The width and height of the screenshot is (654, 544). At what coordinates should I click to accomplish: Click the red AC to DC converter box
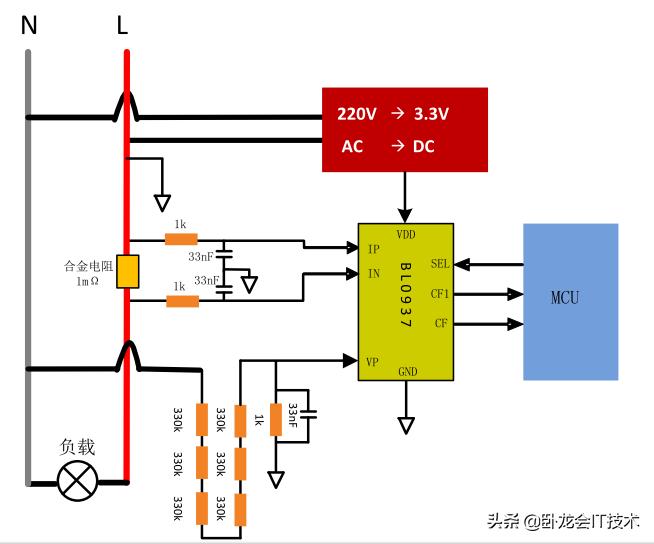tap(404, 129)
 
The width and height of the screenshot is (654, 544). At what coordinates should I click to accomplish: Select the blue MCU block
tap(570, 301)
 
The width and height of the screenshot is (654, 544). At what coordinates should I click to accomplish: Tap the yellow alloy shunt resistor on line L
tap(127, 272)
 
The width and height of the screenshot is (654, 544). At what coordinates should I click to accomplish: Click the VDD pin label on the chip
tap(406, 235)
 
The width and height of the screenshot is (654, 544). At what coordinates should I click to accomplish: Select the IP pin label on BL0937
tap(373, 248)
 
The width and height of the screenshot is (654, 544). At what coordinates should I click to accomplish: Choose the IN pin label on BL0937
tap(373, 273)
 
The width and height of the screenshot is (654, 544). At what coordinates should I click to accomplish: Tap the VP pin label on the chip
tap(373, 361)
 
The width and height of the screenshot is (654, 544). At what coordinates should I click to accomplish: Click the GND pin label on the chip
tap(407, 371)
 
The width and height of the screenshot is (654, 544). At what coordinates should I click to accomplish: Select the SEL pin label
tap(440, 264)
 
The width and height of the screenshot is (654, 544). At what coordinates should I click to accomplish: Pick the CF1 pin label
tap(440, 294)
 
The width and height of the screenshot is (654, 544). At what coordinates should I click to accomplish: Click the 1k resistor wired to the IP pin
tap(181, 240)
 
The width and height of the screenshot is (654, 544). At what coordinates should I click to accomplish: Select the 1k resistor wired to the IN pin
tap(181, 300)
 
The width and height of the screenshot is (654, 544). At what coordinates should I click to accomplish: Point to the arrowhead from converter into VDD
tap(405, 215)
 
